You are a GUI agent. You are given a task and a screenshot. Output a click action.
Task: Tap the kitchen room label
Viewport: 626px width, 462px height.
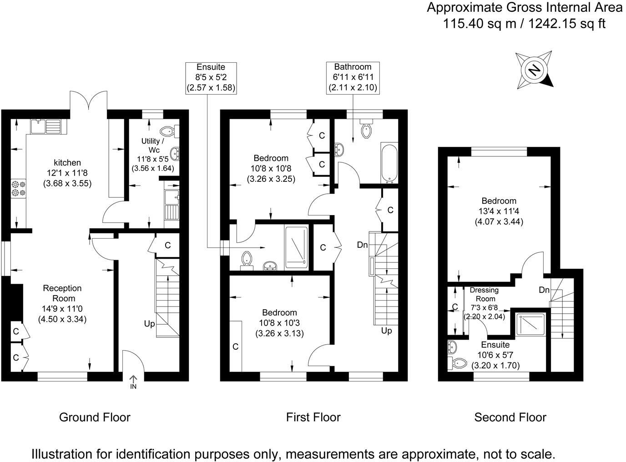tap(67, 163)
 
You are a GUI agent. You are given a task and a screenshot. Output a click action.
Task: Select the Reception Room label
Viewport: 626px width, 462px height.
tap(62, 293)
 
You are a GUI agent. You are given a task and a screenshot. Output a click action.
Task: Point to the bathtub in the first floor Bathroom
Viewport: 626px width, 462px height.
tap(389, 163)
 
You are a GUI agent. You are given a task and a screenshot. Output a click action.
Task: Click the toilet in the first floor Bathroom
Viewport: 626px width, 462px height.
tap(366, 130)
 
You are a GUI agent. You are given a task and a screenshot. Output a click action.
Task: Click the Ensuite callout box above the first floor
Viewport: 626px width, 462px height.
tap(211, 78)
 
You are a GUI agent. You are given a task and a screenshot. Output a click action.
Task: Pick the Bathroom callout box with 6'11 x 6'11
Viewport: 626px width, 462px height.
tap(353, 78)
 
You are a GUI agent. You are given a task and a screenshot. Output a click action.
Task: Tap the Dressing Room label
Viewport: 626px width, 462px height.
tap(485, 294)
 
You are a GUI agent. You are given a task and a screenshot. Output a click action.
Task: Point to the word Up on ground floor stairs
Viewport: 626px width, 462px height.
tap(149, 324)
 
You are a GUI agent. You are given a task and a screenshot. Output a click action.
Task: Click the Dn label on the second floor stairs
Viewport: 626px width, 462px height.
tap(544, 290)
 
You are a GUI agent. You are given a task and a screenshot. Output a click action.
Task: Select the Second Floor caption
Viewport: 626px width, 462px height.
tap(510, 417)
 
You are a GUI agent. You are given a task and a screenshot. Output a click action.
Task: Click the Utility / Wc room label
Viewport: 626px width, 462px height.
tap(153, 146)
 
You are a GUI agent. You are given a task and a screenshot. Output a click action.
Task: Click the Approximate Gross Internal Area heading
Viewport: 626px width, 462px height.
tap(524, 8)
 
